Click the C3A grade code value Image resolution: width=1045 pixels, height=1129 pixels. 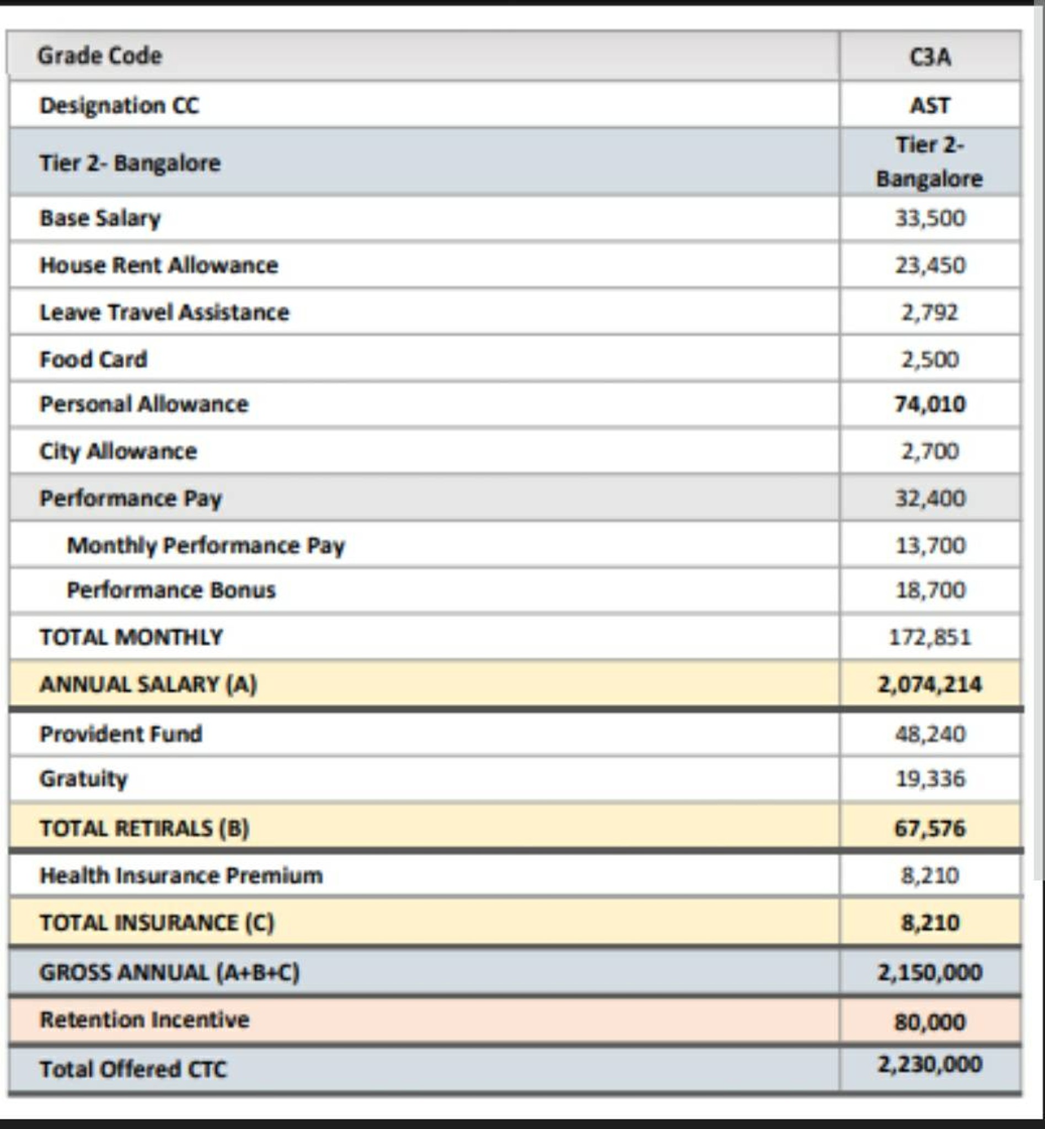tap(930, 57)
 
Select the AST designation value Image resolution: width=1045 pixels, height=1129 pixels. tap(930, 106)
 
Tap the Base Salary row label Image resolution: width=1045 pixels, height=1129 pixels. tap(100, 218)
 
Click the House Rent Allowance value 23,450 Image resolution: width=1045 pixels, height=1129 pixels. tap(930, 265)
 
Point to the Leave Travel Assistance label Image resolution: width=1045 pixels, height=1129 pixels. tap(164, 312)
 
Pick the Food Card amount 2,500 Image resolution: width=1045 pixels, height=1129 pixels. tap(930, 359)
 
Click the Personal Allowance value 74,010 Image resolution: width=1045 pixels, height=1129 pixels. tap(930, 404)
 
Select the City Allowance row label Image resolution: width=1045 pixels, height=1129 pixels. tap(117, 451)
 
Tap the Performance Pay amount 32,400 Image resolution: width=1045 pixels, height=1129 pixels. tap(930, 498)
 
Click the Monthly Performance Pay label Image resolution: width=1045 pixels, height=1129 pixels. tap(205, 546)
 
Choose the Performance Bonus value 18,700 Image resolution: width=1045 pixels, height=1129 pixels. tap(930, 590)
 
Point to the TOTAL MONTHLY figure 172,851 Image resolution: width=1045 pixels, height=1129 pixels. tap(930, 638)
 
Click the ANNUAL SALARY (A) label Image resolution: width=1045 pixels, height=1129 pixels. tap(148, 685)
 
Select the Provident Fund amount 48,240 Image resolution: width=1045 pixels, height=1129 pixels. tap(930, 734)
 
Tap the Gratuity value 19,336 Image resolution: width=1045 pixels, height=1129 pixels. tap(930, 779)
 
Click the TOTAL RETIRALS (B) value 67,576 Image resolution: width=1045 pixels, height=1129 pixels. tap(930, 829)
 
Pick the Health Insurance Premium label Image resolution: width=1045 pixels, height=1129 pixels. tap(181, 876)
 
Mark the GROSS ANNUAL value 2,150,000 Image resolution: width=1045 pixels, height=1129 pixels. tap(930, 973)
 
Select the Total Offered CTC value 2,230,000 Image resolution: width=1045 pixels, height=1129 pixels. tap(930, 1065)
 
